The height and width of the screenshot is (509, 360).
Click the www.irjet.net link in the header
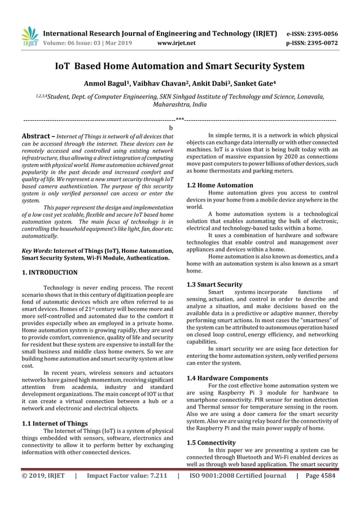click(178, 42)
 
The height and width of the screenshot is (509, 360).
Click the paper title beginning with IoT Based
click(179, 66)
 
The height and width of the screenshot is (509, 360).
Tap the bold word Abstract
click(37, 137)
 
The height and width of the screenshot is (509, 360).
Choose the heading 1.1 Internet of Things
click(54, 423)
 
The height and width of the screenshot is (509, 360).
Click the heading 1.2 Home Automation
click(219, 185)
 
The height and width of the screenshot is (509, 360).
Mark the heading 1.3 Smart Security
click(214, 284)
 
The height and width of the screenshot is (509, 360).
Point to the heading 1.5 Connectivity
click(211, 442)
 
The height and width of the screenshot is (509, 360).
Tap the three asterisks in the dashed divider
click(179, 120)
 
